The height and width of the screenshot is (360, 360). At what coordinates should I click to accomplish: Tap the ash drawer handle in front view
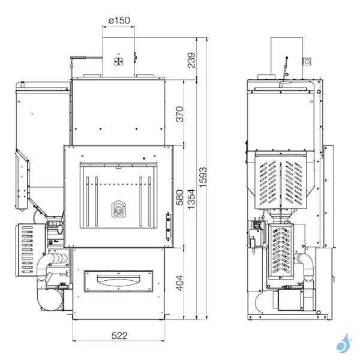[118, 278]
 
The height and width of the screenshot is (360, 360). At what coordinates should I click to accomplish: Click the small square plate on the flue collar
[118, 61]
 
